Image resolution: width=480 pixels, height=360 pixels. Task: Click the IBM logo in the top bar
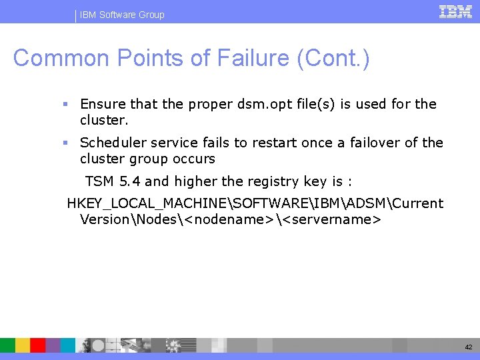pyautogui.click(x=455, y=11)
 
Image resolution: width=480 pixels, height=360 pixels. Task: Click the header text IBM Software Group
pyautogui.click(x=122, y=15)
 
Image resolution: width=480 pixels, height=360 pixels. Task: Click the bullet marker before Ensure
pyautogui.click(x=65, y=104)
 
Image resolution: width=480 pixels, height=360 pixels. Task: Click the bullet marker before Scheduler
pyautogui.click(x=65, y=143)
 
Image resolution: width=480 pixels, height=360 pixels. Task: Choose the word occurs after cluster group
pyautogui.click(x=193, y=159)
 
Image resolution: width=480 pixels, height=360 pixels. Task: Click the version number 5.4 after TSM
pyautogui.click(x=129, y=181)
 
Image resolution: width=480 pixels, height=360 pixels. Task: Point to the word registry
pyautogui.click(x=274, y=181)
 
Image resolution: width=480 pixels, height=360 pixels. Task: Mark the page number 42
pyautogui.click(x=468, y=347)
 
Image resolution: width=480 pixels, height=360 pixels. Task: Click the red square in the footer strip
pyautogui.click(x=38, y=345)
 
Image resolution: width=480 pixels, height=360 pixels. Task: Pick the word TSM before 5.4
pyautogui.click(x=99, y=181)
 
